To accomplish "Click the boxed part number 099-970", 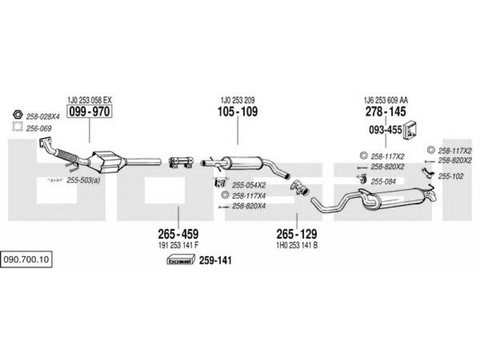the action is click(89, 111).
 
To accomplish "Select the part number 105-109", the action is click(238, 112).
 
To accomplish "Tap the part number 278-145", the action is click(386, 112).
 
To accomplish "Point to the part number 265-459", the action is click(178, 234).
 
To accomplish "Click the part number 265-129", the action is click(296, 234).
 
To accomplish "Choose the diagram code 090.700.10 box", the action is click(26, 260).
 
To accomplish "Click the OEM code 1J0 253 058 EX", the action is click(89, 100).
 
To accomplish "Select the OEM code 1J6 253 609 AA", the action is click(386, 100).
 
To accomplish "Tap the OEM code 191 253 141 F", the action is click(178, 245).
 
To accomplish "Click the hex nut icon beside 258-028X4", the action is click(18, 115).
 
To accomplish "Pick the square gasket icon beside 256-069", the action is click(18, 127).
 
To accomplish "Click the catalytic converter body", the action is click(107, 161).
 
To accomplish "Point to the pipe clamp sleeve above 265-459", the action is click(181, 162).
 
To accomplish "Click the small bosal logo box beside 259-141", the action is click(181, 260).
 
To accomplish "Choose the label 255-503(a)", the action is click(83, 181).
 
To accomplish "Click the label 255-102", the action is click(451, 176).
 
